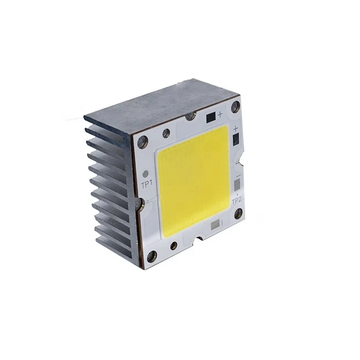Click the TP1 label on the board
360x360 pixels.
147,184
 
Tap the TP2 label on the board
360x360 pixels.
236,202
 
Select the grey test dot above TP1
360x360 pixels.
145,174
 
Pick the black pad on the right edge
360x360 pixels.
236,140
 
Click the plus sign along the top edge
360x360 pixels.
220,114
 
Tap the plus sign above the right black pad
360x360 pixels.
236,128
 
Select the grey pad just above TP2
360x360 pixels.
237,184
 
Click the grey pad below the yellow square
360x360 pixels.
215,225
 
